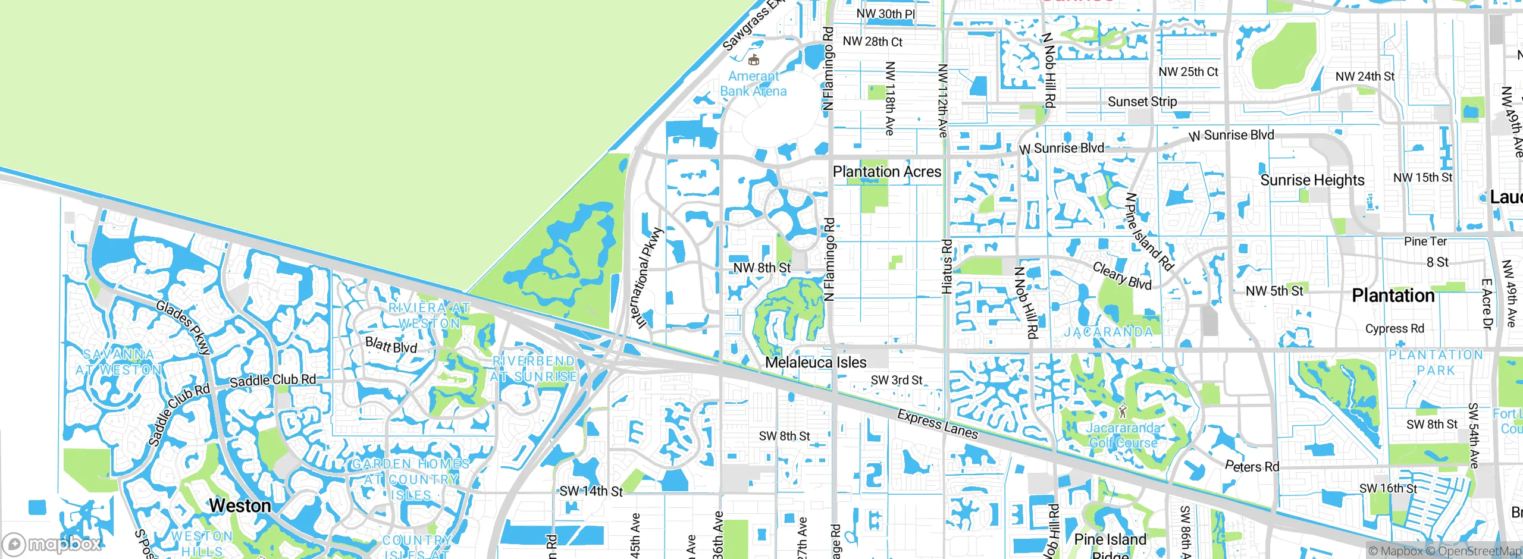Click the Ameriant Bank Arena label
point(753,84)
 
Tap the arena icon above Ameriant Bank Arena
point(754,59)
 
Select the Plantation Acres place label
point(886,172)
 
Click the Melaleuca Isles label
point(816,362)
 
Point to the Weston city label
point(240,505)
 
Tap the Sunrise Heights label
point(1312,180)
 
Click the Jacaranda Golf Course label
point(1123,435)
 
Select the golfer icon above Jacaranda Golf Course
point(1123,411)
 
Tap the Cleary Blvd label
point(1122,276)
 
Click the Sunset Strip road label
point(1142,102)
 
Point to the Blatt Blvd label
point(391,345)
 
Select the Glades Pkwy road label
point(183,327)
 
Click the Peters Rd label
point(1252,466)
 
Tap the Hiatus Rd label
point(947,266)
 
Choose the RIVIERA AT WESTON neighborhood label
point(430,316)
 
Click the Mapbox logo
point(52,544)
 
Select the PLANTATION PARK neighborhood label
point(1436,362)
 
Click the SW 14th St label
point(591,491)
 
